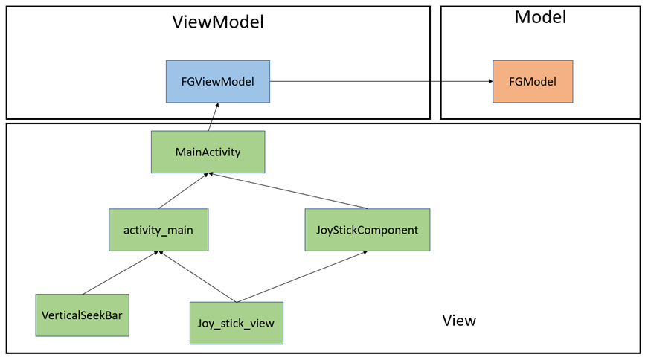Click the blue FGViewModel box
217,82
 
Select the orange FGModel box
532,82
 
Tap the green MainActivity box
208,152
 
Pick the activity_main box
158,230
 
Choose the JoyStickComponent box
367,230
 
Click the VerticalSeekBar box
83,315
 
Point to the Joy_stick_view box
236,323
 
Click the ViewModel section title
218,22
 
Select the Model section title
540,17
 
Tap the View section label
459,321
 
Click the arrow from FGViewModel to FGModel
379,82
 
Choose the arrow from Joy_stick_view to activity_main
198,277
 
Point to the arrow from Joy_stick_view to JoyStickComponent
301,277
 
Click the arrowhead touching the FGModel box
489,82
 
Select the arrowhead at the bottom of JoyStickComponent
364,253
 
